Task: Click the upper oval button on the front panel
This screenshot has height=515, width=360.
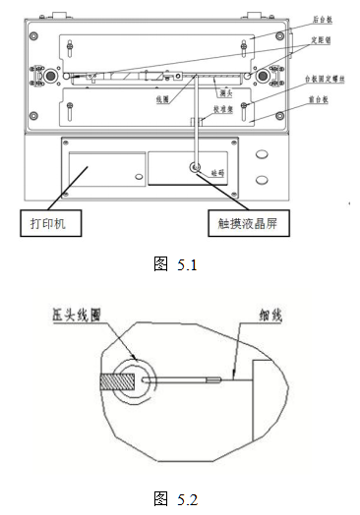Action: click(262, 155)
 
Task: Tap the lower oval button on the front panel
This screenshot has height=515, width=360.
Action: click(262, 179)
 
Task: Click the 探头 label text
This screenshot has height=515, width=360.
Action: click(225, 92)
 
